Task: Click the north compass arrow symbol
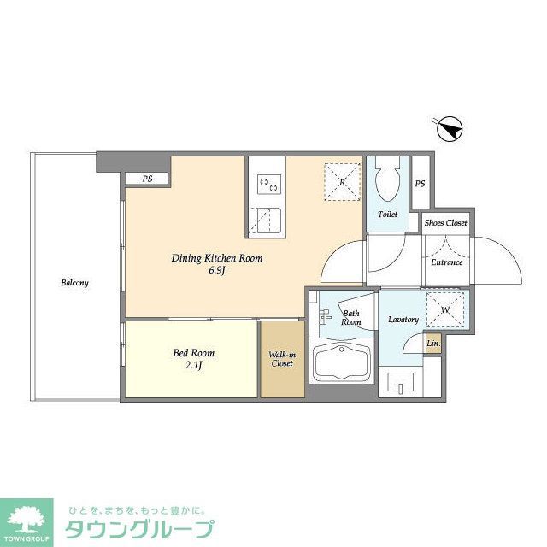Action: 450,130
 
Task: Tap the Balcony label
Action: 74,283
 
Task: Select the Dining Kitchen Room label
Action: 216,258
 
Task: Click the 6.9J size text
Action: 216,273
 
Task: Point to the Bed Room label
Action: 194,353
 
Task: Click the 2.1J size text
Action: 194,368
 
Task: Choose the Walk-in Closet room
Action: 281,358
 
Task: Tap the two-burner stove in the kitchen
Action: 268,182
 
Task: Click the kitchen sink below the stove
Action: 268,221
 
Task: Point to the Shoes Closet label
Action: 446,223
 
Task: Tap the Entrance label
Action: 446,262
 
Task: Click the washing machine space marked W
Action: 444,309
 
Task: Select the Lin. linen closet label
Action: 433,344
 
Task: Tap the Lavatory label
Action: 403,320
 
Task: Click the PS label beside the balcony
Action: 148,179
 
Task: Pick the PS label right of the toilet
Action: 420,184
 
